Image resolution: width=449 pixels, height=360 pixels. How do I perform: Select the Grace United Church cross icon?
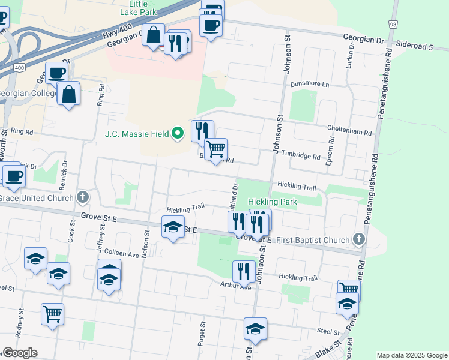coord(83,197)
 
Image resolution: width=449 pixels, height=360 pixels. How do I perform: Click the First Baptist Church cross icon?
coord(358,239)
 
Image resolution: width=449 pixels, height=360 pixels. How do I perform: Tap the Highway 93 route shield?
coord(393,24)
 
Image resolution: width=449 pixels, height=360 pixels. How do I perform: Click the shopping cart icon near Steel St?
coord(53,313)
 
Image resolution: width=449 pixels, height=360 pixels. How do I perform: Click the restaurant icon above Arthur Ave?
coord(243,271)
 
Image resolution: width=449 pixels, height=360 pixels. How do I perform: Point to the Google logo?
coord(20,353)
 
